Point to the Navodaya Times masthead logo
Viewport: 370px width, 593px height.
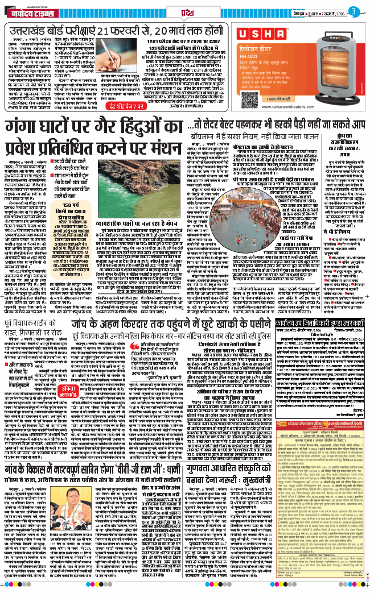click(33, 10)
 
